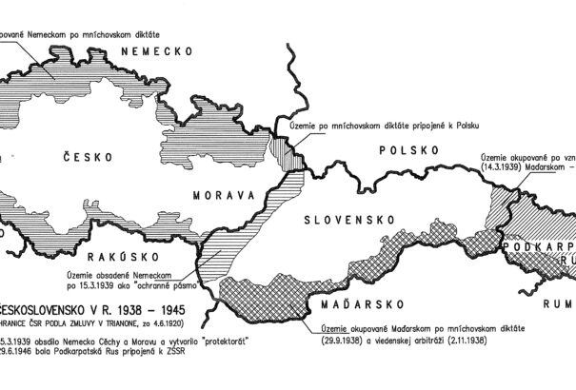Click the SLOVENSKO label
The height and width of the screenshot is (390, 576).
[x=350, y=219]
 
